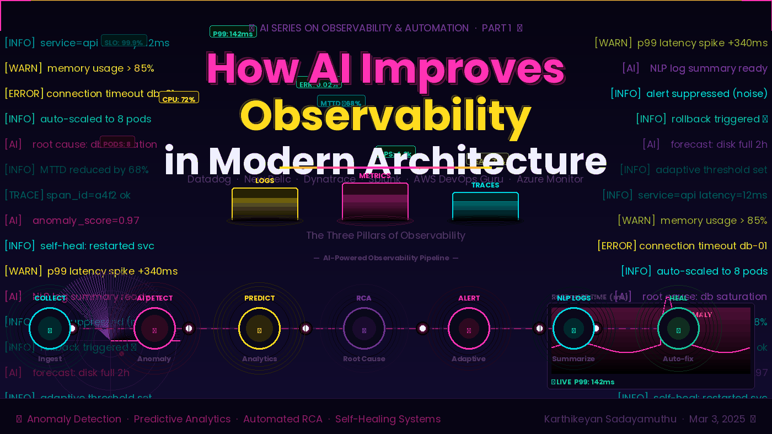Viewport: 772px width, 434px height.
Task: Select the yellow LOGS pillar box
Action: [265, 204]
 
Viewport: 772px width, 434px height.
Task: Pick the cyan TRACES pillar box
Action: [485, 206]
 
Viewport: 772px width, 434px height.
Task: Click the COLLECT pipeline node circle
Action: [50, 329]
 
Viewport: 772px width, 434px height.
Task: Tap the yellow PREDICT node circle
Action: [259, 329]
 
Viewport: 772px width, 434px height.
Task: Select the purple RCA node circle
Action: [364, 329]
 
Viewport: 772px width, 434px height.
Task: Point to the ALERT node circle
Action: [469, 329]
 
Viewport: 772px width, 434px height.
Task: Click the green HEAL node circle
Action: [678, 329]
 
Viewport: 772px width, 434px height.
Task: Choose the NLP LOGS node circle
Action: [573, 329]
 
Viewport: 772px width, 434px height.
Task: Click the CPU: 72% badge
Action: [179, 98]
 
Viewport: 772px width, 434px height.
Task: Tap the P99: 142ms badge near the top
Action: [233, 33]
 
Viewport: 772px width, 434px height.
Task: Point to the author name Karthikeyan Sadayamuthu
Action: [610, 419]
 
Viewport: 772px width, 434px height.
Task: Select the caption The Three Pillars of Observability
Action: [385, 235]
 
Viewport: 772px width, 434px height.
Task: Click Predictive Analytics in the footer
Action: [182, 419]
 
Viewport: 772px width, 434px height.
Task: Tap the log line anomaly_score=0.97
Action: [85, 221]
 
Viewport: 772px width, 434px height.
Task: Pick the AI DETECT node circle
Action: [154, 329]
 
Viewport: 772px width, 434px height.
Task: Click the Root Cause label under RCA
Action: [364, 359]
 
